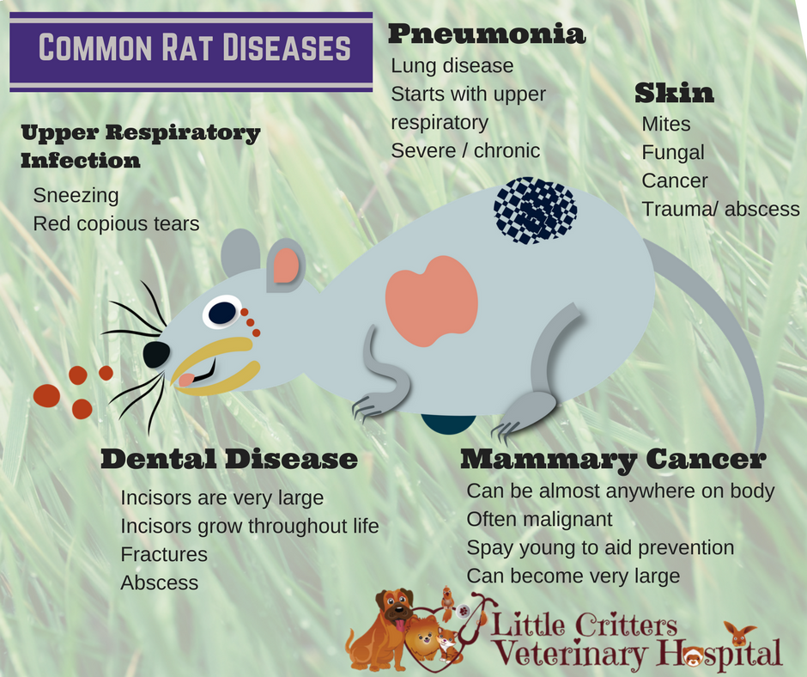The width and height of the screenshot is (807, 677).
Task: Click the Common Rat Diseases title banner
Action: pyautogui.click(x=191, y=49)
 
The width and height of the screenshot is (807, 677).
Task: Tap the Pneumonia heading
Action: pyautogui.click(x=487, y=35)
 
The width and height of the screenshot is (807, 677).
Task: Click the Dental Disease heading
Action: pyautogui.click(x=228, y=459)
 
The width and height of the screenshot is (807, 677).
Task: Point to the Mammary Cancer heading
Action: pyautogui.click(x=612, y=460)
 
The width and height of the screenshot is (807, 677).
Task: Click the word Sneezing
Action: pyautogui.click(x=76, y=195)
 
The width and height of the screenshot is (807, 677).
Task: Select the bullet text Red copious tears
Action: pyautogui.click(x=116, y=224)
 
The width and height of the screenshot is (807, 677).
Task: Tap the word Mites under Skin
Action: pyautogui.click(x=665, y=125)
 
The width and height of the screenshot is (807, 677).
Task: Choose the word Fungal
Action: pyautogui.click(x=672, y=153)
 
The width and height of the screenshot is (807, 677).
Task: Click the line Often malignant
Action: pyautogui.click(x=539, y=520)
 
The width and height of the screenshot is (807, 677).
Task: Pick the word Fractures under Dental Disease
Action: pyautogui.click(x=164, y=554)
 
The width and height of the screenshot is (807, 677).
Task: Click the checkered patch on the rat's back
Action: pyautogui.click(x=535, y=210)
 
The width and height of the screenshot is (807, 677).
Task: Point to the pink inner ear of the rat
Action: pyautogui.click(x=286, y=267)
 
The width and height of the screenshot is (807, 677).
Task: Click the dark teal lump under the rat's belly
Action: pyautogui.click(x=447, y=424)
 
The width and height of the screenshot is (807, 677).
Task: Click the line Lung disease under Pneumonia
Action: pyautogui.click(x=452, y=65)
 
